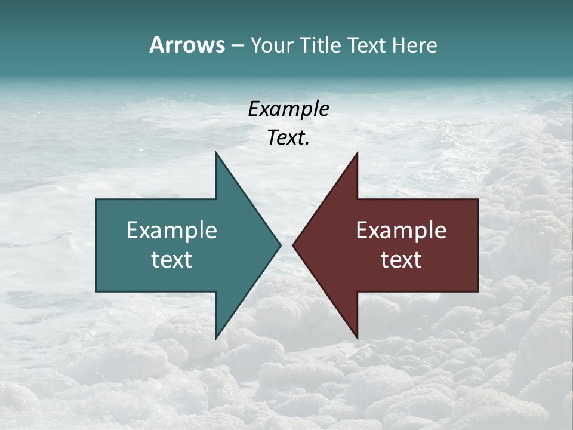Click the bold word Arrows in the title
(x=187, y=45)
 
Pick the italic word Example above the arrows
(x=288, y=109)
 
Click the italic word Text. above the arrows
(x=288, y=138)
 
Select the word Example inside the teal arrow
(x=172, y=230)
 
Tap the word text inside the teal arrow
(x=172, y=260)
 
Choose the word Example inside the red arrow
(x=401, y=230)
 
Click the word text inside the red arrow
(x=401, y=260)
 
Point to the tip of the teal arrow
(x=281, y=245)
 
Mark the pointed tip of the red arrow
(x=292, y=245)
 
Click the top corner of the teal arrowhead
(x=216, y=152)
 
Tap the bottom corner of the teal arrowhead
(x=216, y=338)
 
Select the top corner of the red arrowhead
(x=357, y=152)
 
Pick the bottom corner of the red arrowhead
(x=357, y=338)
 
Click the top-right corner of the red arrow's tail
(x=478, y=199)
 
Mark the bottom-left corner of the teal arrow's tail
(x=96, y=291)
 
